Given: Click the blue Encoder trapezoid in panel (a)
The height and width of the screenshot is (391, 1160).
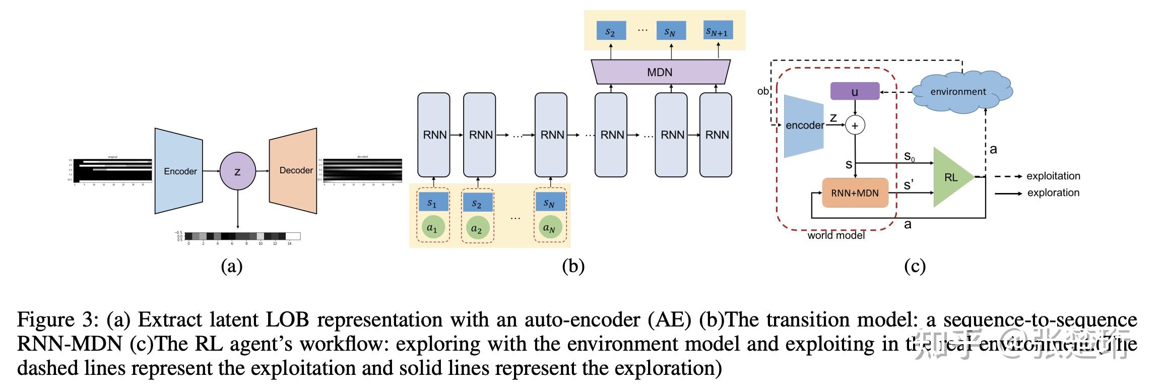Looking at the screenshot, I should click(179, 171).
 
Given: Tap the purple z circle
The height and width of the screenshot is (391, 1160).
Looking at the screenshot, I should click(237, 171).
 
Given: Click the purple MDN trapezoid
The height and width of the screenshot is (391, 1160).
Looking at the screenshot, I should click(660, 72).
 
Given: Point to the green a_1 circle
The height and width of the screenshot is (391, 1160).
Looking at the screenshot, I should click(433, 227).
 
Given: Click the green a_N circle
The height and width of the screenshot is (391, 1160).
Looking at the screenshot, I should click(549, 227).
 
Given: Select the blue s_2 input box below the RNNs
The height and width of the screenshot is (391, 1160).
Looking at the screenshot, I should click(477, 204).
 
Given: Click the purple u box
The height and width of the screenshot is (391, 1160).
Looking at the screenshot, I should click(855, 92).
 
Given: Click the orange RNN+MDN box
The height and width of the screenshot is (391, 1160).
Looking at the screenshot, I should click(855, 193).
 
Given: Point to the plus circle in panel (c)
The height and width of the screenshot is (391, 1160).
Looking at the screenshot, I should click(855, 125).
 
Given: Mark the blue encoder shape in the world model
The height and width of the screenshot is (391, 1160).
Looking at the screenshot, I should click(803, 125).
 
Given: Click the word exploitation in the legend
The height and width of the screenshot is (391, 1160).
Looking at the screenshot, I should click(1053, 176).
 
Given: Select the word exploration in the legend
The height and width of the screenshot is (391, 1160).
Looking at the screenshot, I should click(1053, 192).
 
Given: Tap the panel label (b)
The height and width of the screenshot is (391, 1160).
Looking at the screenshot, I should click(573, 266).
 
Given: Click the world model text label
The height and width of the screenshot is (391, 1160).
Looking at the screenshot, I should click(835, 235).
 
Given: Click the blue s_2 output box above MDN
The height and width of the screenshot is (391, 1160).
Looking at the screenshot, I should click(611, 31).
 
